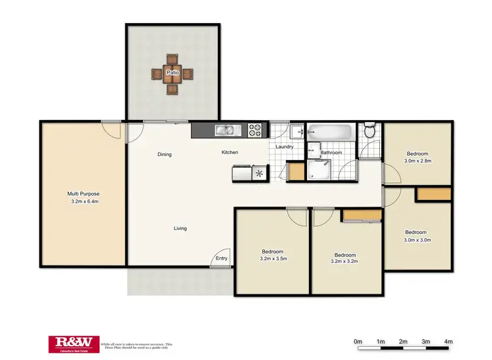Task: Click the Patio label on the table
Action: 173,72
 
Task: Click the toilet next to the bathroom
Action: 370,131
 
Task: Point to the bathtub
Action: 331,131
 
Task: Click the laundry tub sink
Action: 296,132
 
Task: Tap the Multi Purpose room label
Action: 83,194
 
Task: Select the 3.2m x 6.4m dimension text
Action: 83,202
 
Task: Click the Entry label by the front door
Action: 222,258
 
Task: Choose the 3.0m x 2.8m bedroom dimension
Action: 418,160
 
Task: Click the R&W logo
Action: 74,342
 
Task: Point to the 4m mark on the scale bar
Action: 449,342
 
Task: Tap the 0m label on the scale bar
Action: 358,342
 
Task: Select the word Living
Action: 180,228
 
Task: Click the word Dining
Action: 165,155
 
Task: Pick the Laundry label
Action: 284,147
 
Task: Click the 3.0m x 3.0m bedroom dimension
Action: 415,240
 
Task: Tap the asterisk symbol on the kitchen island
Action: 259,174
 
